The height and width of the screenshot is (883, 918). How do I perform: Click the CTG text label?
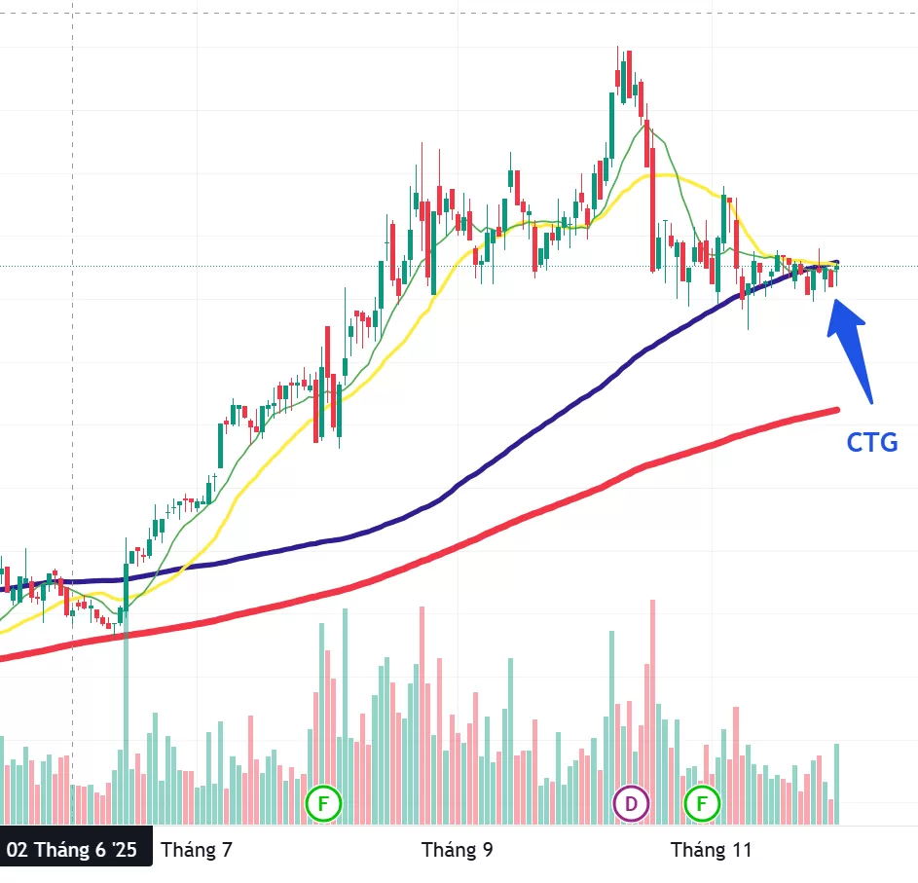click(x=871, y=442)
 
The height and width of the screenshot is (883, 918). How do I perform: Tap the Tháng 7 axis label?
click(x=197, y=850)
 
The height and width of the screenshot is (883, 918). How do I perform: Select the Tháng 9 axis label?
click(x=457, y=850)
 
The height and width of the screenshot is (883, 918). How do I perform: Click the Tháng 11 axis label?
click(x=712, y=850)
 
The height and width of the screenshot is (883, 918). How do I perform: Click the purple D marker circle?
click(x=631, y=804)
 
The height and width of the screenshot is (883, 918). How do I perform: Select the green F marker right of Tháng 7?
click(x=323, y=804)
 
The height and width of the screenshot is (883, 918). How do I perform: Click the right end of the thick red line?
click(x=836, y=410)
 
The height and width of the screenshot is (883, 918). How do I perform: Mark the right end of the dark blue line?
click(x=836, y=264)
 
